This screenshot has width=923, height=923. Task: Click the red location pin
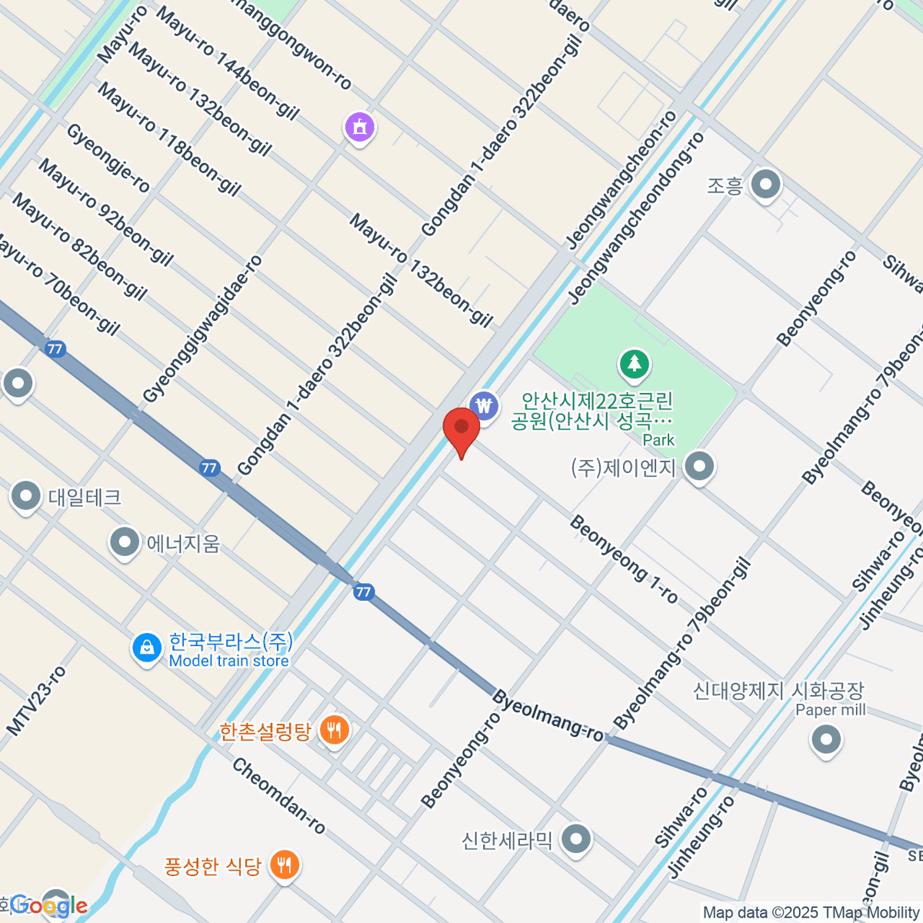(x=461, y=428)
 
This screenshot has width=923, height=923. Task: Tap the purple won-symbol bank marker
(x=484, y=405)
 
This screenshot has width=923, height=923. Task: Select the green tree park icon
(x=635, y=364)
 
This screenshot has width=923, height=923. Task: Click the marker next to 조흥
(x=765, y=185)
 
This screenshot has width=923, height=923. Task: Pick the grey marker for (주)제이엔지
(x=699, y=467)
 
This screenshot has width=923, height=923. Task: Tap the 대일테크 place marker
(x=26, y=497)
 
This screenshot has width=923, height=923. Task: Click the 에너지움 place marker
(x=124, y=543)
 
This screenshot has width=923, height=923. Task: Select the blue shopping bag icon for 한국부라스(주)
(x=146, y=648)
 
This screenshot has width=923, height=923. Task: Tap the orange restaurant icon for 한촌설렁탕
(x=334, y=730)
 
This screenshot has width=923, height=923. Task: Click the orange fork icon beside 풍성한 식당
(x=285, y=866)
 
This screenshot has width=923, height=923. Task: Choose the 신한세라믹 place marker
(x=576, y=839)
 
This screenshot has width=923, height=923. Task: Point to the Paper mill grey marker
(x=825, y=741)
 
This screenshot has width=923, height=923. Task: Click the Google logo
(x=48, y=905)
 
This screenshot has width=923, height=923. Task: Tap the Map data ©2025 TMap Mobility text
(x=811, y=912)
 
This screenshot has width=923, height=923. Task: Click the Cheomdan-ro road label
(x=278, y=796)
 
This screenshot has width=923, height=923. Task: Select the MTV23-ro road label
(x=36, y=701)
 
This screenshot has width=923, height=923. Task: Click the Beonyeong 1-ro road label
(x=623, y=559)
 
